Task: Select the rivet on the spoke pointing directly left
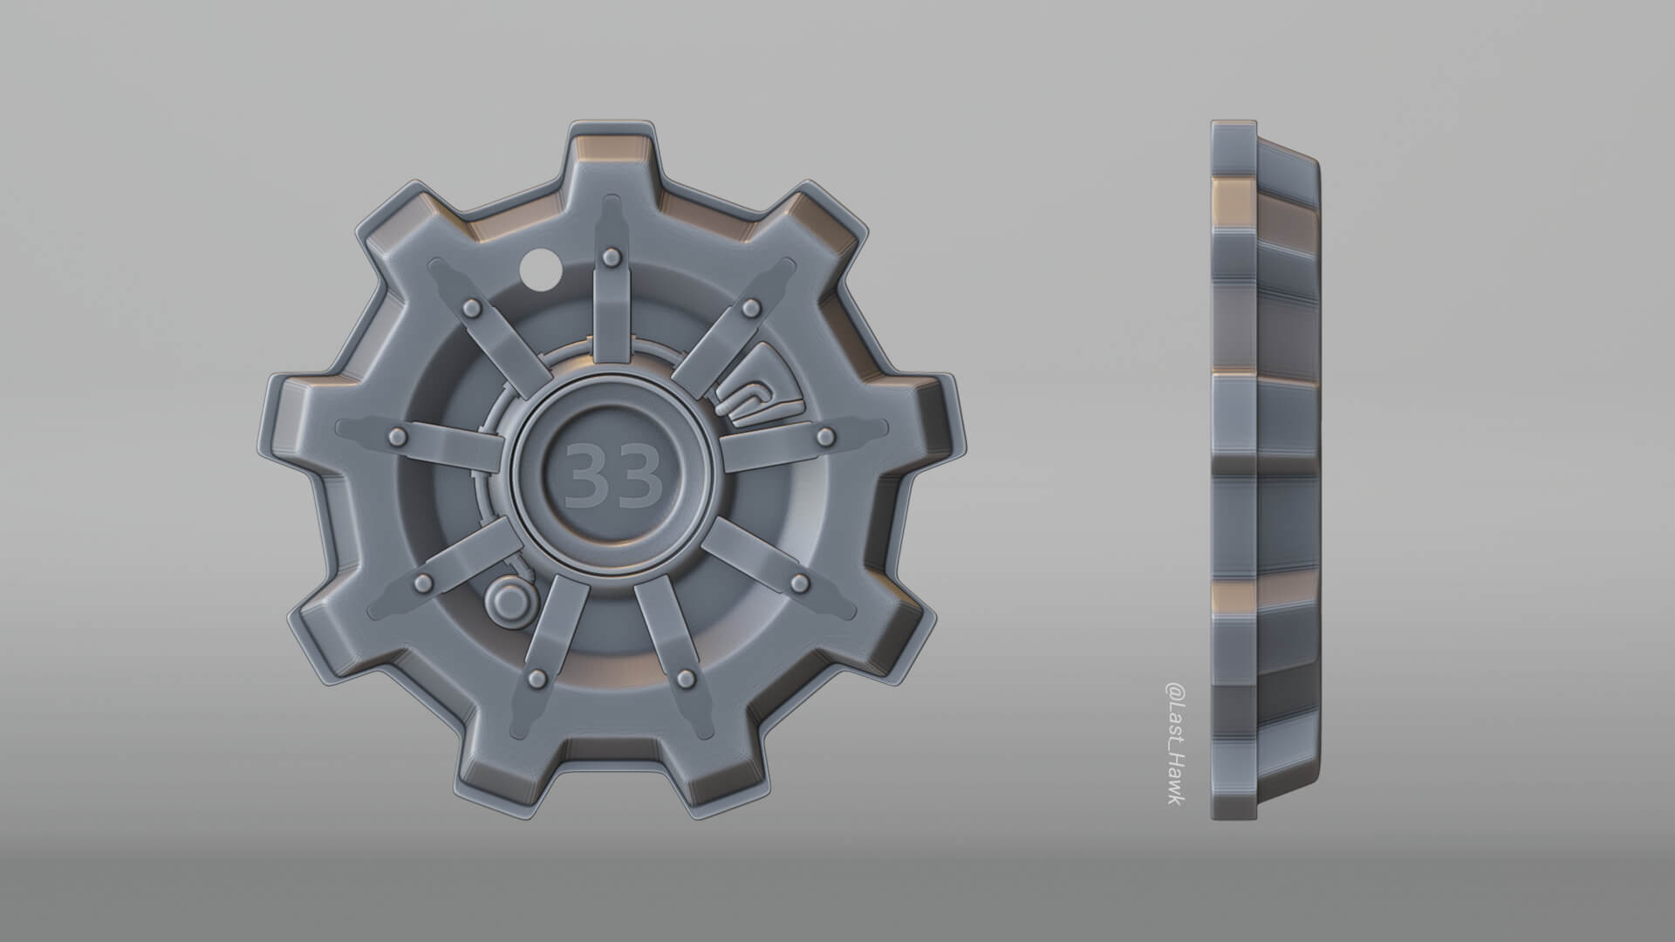398,435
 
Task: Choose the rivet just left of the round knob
424,582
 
